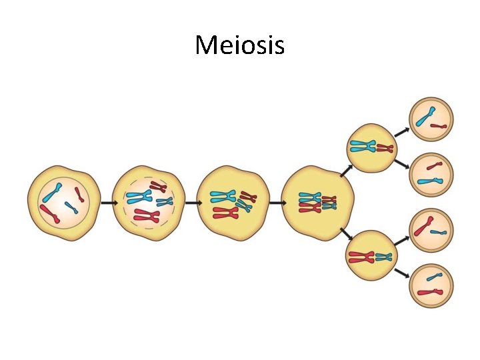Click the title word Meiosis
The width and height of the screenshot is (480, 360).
(x=239, y=45)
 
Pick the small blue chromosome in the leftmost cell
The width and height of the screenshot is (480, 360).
(x=71, y=207)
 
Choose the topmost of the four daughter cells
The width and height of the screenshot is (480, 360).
(x=431, y=118)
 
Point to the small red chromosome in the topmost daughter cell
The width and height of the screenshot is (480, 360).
(x=439, y=125)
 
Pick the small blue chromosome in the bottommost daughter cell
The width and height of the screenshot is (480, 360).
(x=435, y=275)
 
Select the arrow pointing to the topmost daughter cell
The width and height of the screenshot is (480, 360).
(x=401, y=130)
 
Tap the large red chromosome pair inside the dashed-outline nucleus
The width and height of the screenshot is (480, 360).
(x=147, y=215)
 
